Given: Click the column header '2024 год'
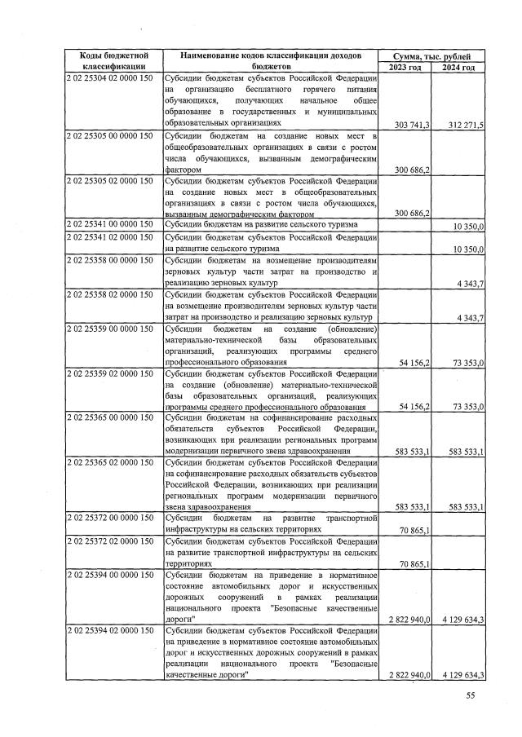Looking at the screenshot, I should [458, 67].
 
